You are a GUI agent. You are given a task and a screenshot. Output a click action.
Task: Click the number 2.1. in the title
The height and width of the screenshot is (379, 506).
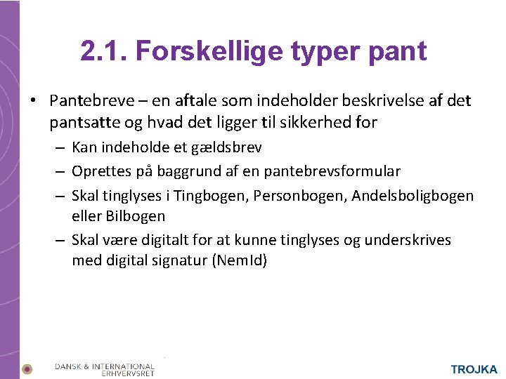point(103,51)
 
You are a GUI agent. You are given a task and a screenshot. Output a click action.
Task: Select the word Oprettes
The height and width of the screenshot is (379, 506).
point(99,171)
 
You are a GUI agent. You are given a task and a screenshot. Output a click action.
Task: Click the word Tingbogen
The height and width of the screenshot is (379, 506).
point(205,194)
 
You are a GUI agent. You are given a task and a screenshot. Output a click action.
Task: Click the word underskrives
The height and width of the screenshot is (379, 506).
point(408,240)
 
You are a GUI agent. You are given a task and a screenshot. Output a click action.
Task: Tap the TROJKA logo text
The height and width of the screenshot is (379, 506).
point(474,369)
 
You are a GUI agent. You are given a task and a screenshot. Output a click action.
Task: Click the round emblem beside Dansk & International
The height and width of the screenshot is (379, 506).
point(27,368)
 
